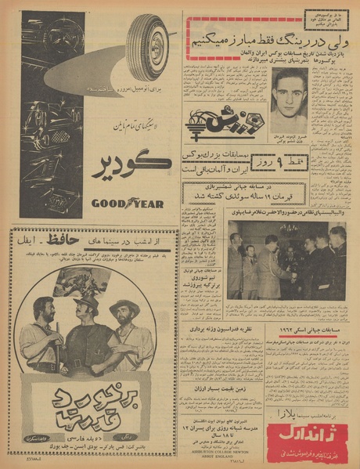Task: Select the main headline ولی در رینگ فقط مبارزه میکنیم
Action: [243, 39]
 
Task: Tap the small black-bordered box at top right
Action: [323, 17]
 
